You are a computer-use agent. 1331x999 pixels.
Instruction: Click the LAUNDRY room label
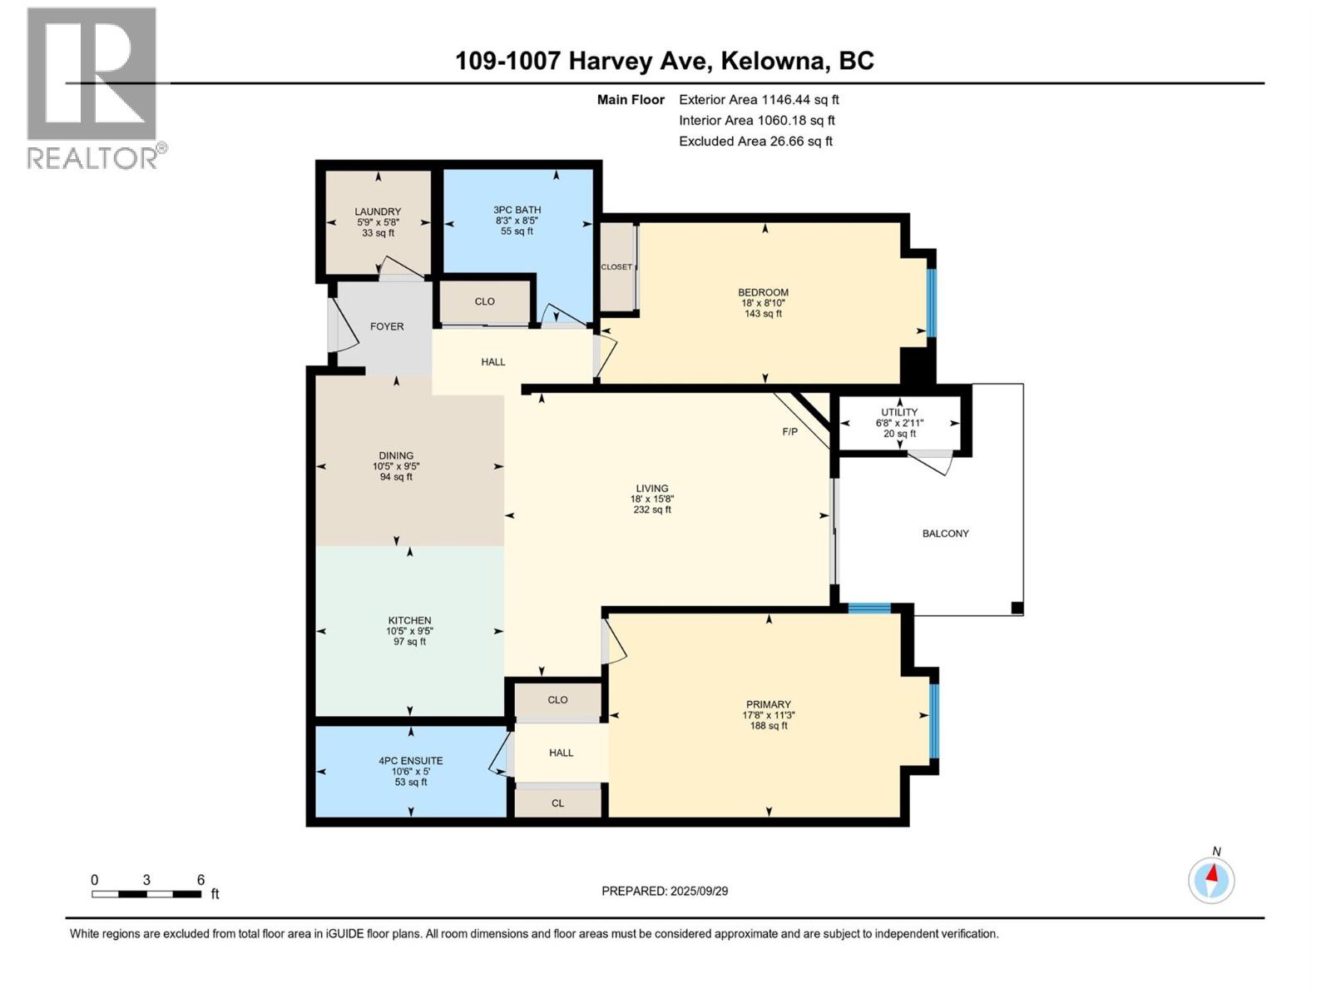point(378,211)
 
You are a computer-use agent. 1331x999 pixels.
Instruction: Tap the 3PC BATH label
point(517,210)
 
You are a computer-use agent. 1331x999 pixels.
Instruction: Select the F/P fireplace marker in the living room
point(789,431)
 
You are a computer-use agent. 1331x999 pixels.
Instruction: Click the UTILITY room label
point(899,412)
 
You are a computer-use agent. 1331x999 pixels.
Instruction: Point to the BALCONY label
point(945,534)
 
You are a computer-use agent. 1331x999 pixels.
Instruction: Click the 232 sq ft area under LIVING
point(651,509)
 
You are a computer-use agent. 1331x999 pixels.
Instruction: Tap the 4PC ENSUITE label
point(411,760)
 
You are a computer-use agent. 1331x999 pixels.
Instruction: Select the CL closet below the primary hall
point(557,803)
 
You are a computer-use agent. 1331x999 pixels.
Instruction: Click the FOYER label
point(387,326)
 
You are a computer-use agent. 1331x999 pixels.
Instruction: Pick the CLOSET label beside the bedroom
point(616,267)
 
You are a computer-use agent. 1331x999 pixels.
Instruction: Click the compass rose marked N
point(1211,880)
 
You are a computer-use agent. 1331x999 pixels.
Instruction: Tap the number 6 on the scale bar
point(200,880)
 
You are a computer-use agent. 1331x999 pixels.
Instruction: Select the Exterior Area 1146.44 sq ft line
point(759,100)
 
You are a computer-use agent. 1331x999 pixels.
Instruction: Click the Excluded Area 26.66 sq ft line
point(755,142)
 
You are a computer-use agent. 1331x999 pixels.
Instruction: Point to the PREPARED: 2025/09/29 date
point(665,891)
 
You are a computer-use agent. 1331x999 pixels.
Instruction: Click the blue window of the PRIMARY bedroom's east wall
point(933,721)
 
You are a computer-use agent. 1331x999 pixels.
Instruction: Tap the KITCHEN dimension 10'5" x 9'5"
point(409,631)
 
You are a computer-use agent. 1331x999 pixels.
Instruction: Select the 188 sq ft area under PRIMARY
point(768,726)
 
